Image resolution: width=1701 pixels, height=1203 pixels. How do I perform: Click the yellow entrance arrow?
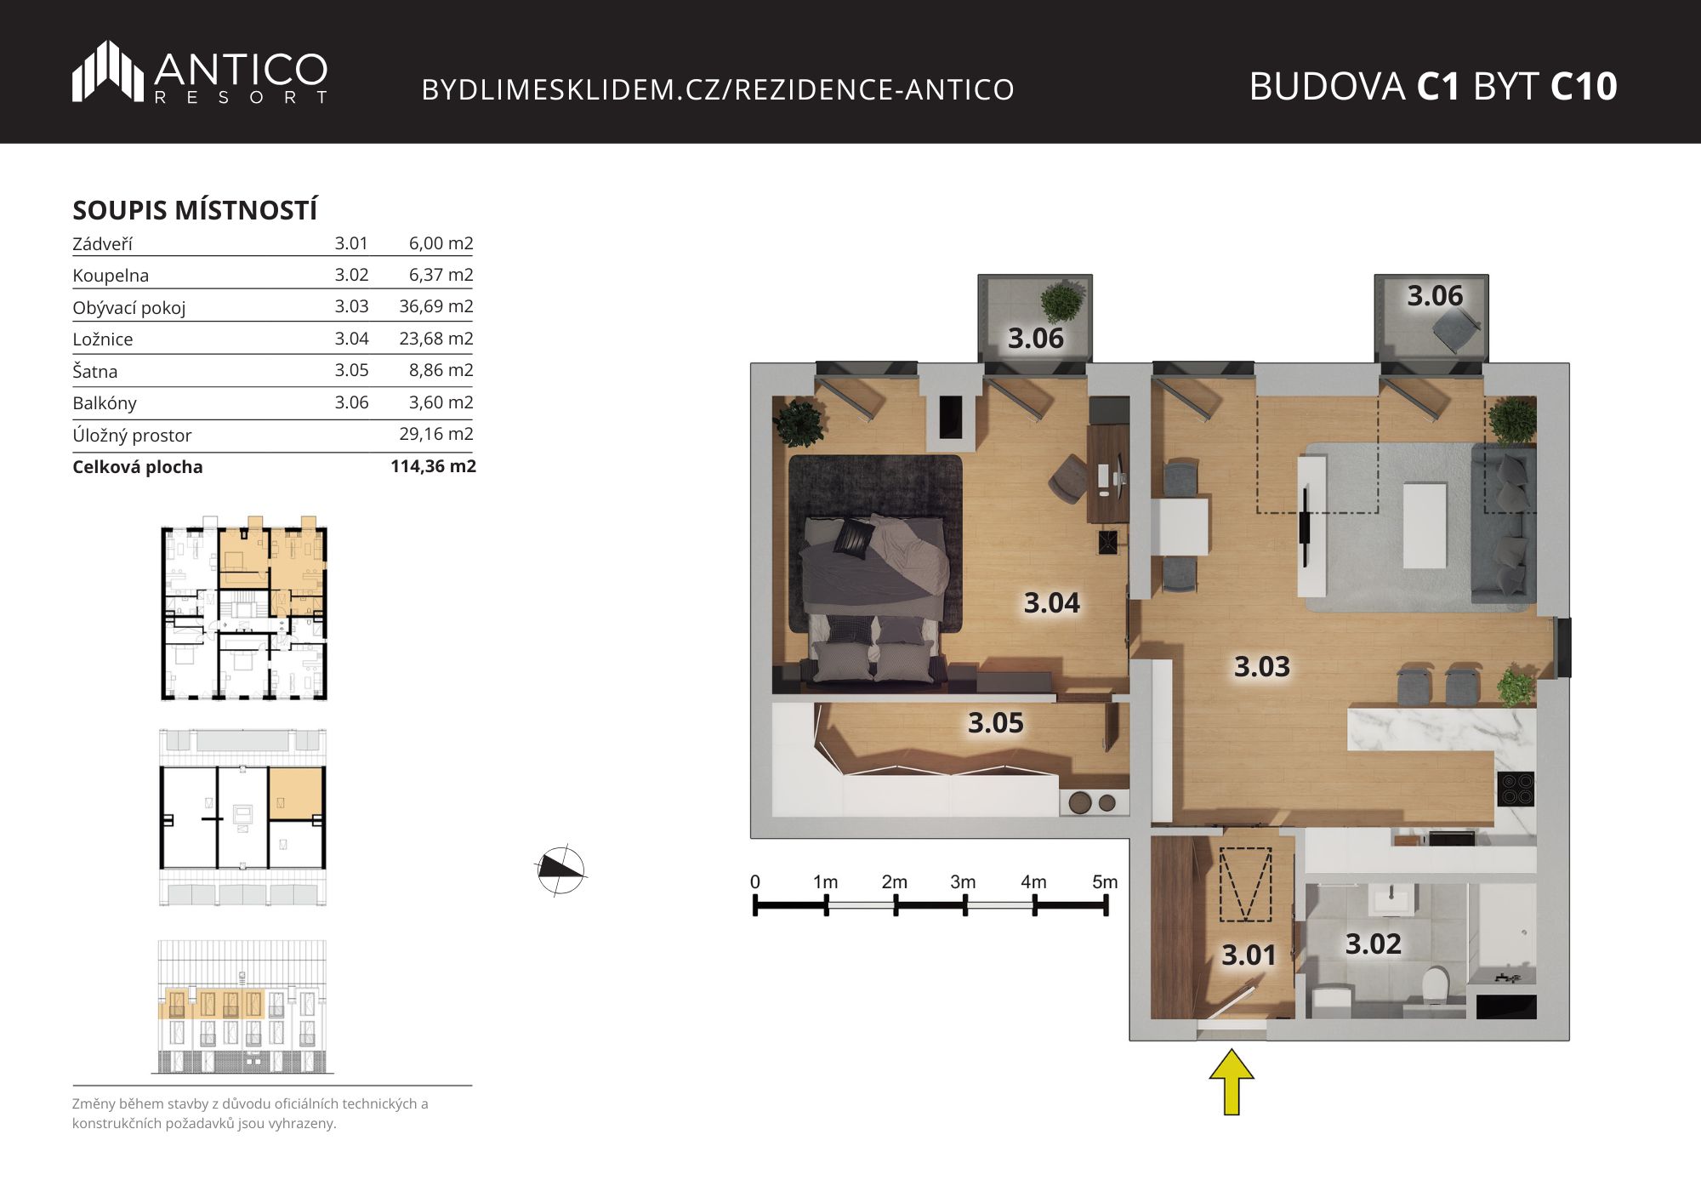pos(1232,1081)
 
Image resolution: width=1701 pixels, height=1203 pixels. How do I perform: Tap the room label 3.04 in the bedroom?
pos(1051,602)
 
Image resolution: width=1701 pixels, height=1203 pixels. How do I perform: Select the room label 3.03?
pos(1262,666)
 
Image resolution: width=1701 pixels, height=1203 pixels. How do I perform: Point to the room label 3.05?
pos(996,722)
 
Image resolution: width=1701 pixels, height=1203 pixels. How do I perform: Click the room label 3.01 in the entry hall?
pos(1249,955)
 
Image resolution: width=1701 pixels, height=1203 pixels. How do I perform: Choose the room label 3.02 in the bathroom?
pos(1373,944)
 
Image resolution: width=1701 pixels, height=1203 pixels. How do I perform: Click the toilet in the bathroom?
pos(1435,984)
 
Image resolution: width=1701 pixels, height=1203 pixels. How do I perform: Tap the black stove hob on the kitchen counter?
pos(1516,789)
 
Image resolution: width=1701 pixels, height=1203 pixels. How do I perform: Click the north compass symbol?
pos(561,869)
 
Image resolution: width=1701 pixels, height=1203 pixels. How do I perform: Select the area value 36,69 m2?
pos(436,306)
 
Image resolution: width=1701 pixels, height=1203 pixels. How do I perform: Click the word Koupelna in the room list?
pos(111,276)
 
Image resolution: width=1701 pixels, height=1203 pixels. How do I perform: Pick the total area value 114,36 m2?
pos(433,466)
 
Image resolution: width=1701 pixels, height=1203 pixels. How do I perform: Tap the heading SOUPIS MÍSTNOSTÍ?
pos(195,210)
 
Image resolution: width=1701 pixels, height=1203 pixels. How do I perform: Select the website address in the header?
pos(718,89)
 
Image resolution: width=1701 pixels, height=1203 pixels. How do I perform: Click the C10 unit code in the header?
pos(1584,86)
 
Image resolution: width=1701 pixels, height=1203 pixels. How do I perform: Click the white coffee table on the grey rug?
pos(1425,526)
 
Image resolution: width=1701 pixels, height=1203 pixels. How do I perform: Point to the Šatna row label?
pos(95,371)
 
